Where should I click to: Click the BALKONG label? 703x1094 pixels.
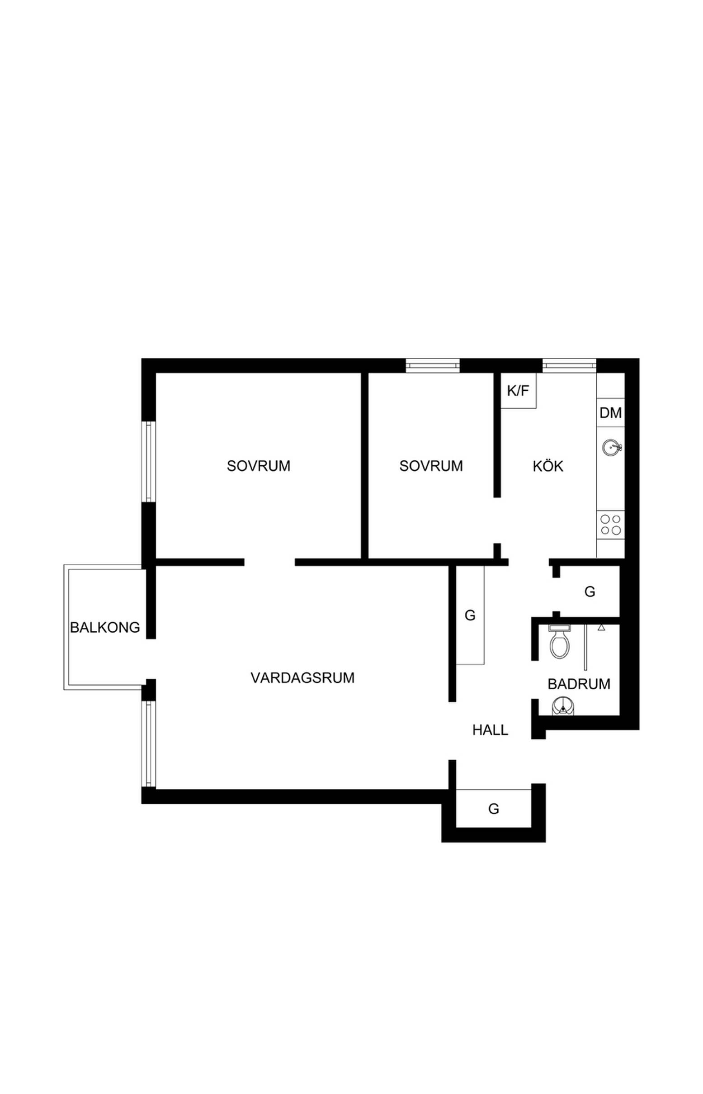[x=105, y=627]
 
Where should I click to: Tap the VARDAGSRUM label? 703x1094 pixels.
[x=302, y=677]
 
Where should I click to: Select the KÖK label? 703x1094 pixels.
[x=548, y=466]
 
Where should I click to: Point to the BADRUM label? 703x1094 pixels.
[x=579, y=684]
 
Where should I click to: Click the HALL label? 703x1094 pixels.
[x=490, y=730]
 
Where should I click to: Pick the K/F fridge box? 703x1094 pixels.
[x=519, y=391]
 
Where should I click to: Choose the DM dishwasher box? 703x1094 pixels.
[x=610, y=413]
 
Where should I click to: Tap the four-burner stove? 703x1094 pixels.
[x=611, y=525]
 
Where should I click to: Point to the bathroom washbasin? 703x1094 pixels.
[x=564, y=706]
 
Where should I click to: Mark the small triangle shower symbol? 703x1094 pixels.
[x=601, y=628]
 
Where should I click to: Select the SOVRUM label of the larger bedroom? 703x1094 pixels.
[x=259, y=466]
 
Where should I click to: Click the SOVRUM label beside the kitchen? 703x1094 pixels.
[x=431, y=466]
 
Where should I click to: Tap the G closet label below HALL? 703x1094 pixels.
[x=494, y=809]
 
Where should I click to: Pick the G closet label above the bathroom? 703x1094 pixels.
[x=590, y=592]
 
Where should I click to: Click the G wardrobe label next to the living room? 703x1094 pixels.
[x=470, y=616]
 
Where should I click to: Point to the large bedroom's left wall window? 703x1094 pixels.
[x=149, y=462]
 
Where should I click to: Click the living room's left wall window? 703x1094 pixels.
[x=149, y=744]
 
